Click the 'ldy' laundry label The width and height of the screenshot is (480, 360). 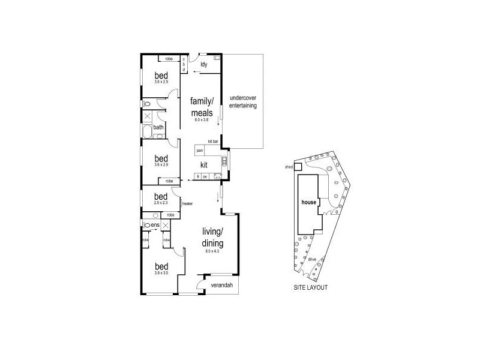203,64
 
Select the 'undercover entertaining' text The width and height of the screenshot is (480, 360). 243,101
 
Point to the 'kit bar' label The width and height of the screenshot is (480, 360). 212,141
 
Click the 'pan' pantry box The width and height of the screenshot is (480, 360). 199,151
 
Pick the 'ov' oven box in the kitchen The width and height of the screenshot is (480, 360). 205,177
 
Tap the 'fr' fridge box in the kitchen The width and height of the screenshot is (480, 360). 197,177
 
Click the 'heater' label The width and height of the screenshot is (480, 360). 187,204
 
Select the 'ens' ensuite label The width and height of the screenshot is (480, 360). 154,225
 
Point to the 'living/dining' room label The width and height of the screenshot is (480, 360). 212,238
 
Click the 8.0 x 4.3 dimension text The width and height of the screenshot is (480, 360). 212,251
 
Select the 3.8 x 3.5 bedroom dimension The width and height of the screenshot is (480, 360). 160,274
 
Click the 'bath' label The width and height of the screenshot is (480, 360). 158,127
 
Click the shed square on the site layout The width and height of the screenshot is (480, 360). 298,168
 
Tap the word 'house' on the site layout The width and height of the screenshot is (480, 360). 309,203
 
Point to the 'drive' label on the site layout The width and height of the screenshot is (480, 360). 311,259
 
